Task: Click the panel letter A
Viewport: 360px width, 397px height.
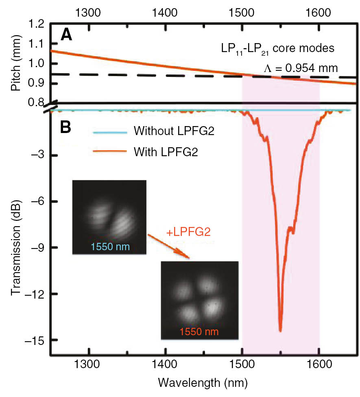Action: pyautogui.click(x=67, y=36)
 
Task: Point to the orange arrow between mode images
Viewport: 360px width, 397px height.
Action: pyautogui.click(x=168, y=246)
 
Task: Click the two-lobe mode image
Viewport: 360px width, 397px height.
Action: pyautogui.click(x=109, y=217)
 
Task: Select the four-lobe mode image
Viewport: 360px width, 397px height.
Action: pyautogui.click(x=199, y=300)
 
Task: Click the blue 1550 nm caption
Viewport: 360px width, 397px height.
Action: pyautogui.click(x=108, y=247)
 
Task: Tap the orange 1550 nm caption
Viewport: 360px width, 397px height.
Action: pyautogui.click(x=199, y=332)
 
